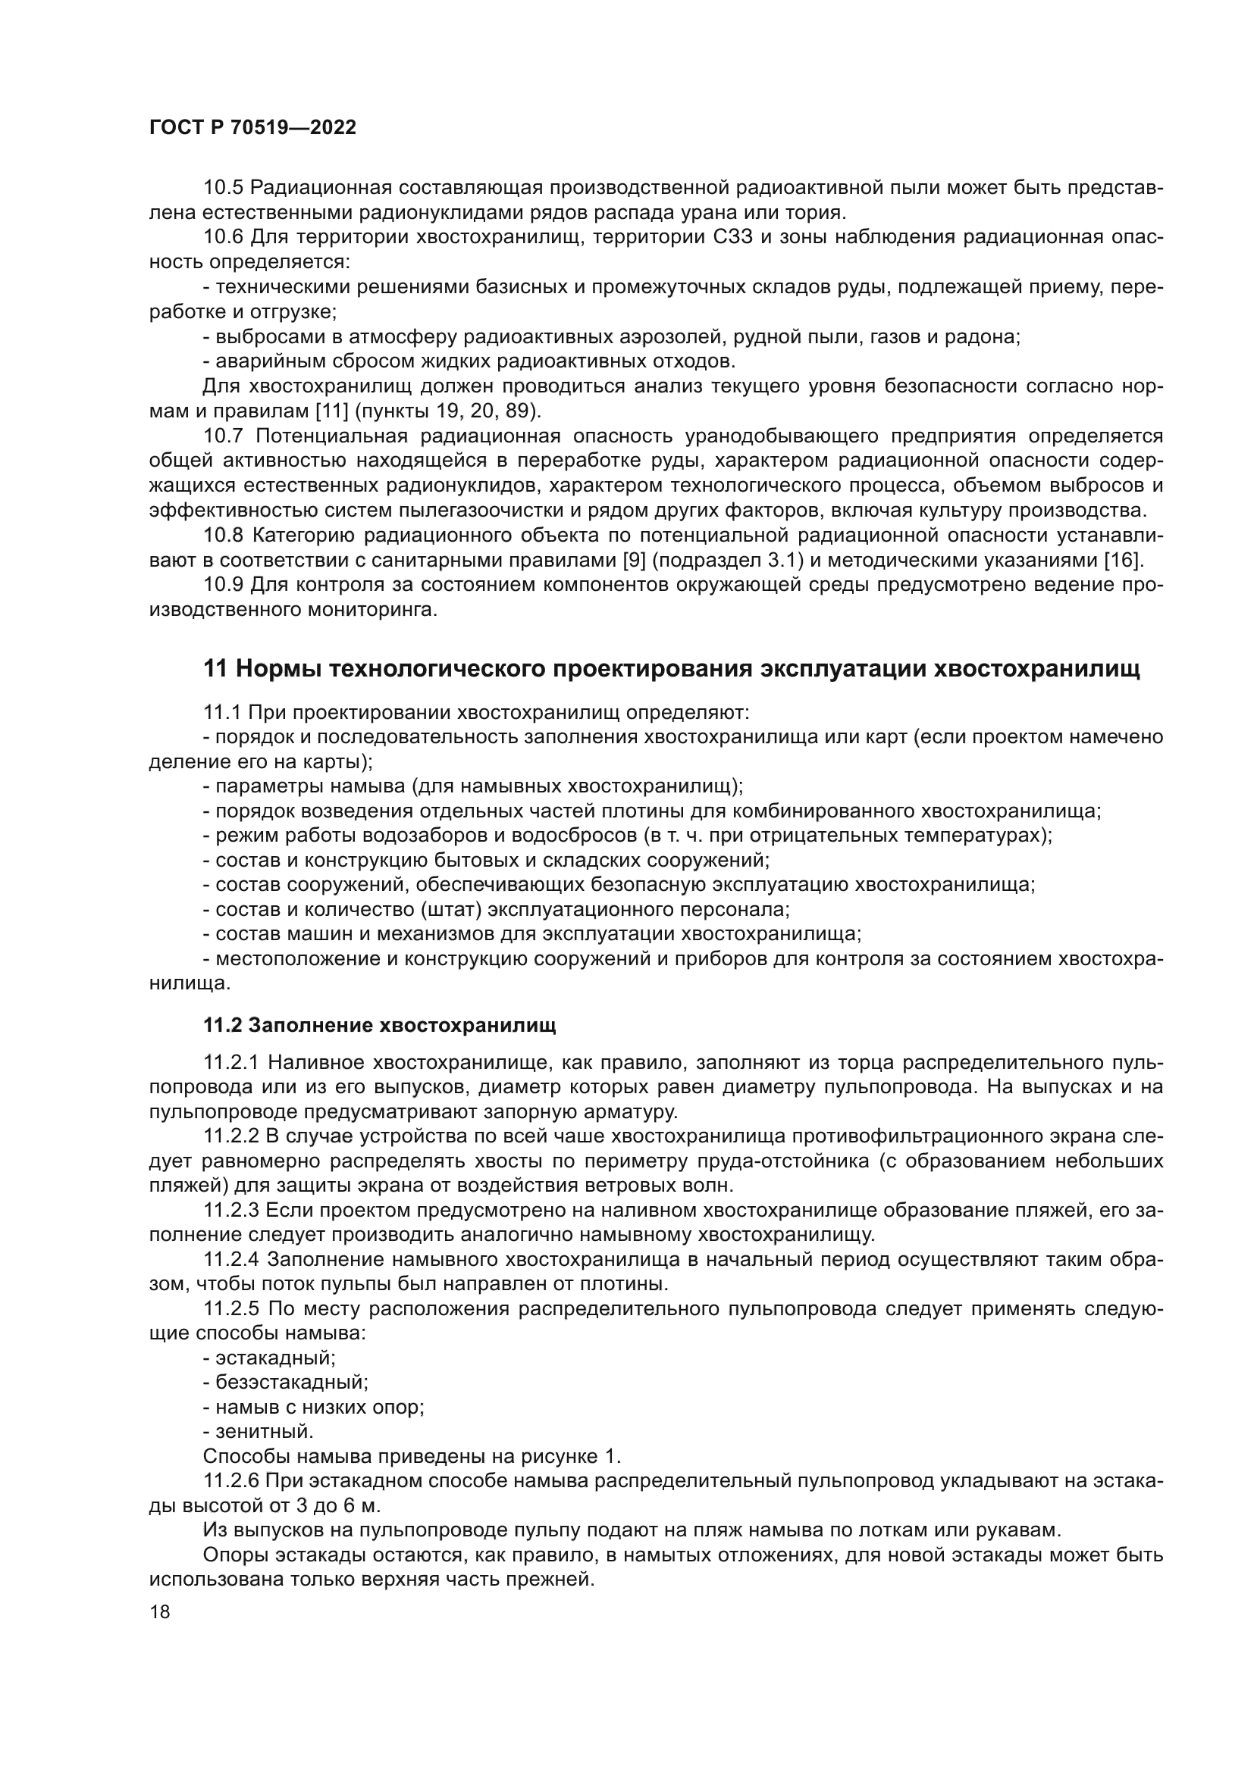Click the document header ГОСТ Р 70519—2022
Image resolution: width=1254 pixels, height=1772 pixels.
pos(252,128)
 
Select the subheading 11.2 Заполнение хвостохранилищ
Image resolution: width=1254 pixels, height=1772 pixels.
pos(379,1026)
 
